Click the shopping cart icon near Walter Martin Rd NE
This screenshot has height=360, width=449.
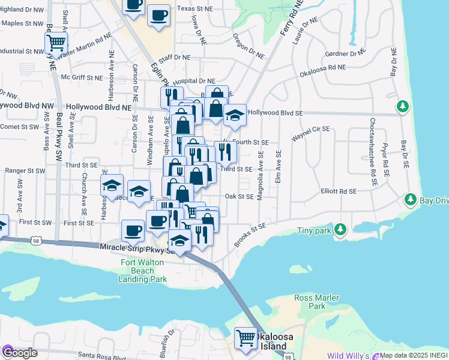56,43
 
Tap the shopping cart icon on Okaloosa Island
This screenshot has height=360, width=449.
246,338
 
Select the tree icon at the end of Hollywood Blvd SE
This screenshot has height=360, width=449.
402,107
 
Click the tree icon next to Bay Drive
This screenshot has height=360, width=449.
411,199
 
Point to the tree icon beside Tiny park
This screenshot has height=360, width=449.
340,229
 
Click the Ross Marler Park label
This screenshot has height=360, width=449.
317,302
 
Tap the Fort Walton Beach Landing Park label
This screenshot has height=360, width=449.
143,270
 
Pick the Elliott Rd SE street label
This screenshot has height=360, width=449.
339,191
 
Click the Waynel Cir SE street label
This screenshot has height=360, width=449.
311,129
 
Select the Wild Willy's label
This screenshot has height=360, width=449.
349,356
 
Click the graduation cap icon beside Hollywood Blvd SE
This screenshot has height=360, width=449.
235,115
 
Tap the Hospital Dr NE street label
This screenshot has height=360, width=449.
194,81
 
